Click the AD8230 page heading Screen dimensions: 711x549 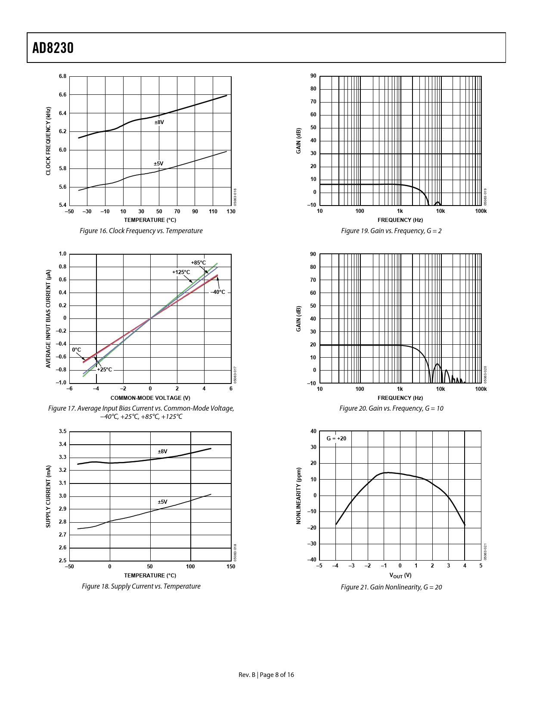pyautogui.click(x=53, y=48)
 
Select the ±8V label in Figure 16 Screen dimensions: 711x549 pyautogui.click(x=159, y=122)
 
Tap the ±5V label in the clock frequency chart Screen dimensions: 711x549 pyautogui.click(x=158, y=164)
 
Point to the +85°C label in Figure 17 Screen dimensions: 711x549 pyautogui.click(x=199, y=263)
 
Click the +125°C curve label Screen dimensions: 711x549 pyautogui.click(x=181, y=272)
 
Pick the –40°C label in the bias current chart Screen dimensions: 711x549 pyautogui.click(x=218, y=292)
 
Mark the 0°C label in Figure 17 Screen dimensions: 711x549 pyautogui.click(x=77, y=350)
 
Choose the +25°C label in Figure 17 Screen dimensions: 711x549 pyautogui.click(x=104, y=370)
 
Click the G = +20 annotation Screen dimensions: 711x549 pyautogui.click(x=336, y=439)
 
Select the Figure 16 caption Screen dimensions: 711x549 pyautogui.click(x=141, y=231)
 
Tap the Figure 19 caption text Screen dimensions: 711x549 pyautogui.click(x=391, y=231)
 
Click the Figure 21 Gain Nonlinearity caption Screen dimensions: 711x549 pyautogui.click(x=391, y=587)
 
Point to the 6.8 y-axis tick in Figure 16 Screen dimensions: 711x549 pyautogui.click(x=63, y=76)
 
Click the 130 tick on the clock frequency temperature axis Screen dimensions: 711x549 pyautogui.click(x=231, y=212)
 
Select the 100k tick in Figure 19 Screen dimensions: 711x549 pyautogui.click(x=481, y=211)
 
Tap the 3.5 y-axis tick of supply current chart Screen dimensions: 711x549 pyautogui.click(x=63, y=431)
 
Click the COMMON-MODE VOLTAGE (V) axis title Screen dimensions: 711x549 pyautogui.click(x=150, y=398)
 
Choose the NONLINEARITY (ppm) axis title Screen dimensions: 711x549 pyautogui.click(x=298, y=496)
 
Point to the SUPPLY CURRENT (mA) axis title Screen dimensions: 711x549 pyautogui.click(x=48, y=496)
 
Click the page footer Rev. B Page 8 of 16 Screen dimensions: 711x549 pyautogui.click(x=266, y=675)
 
